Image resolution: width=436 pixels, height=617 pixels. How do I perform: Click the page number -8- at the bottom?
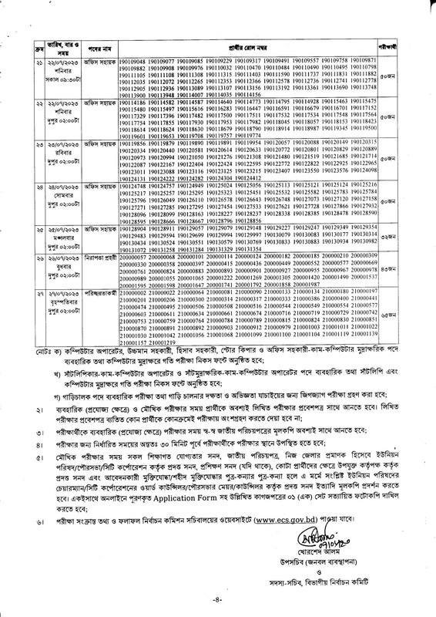pyautogui.click(x=219, y=603)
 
